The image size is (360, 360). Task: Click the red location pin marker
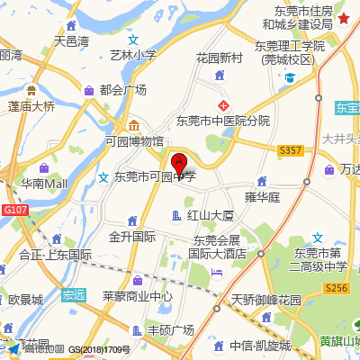pos(180,165)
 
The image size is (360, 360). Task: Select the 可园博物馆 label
pos(134,141)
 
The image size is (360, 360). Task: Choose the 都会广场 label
pos(123,90)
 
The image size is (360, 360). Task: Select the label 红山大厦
pos(211,215)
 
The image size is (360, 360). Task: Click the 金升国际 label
pos(132,237)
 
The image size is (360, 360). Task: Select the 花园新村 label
pos(220,58)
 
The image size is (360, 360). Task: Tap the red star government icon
pos(345,18)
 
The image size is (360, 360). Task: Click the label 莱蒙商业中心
pos(137,296)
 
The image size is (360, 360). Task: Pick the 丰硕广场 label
pos(170,329)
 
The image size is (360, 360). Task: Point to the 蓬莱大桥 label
pos(31,106)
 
